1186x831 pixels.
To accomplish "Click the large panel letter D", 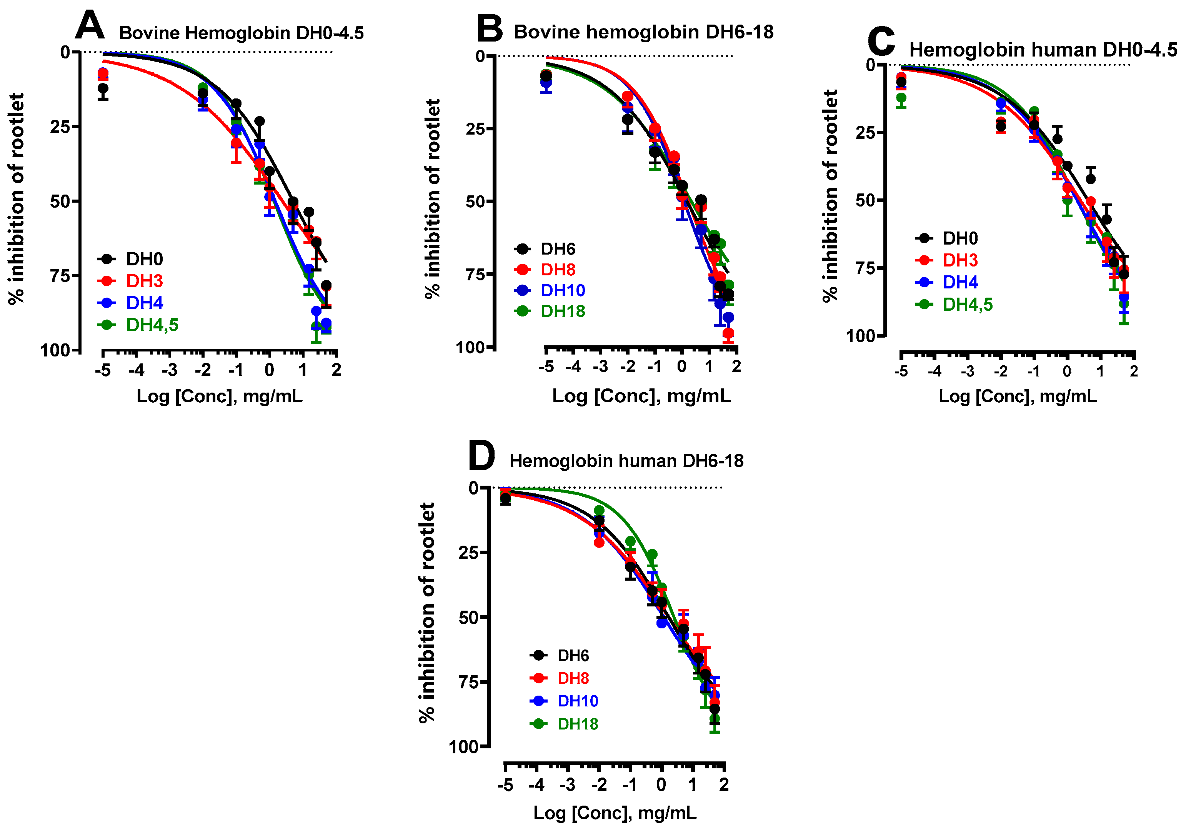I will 481,456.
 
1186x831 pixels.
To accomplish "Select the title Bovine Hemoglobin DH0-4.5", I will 241,33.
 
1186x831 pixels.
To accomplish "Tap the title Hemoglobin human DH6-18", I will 626,461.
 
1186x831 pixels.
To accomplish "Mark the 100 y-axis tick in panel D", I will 464,746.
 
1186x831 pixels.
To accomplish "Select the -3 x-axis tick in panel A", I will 170,370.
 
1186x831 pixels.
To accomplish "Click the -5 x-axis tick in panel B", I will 546,367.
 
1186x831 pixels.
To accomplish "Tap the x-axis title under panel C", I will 1017,396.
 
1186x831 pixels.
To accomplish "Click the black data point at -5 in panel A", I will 103,89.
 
